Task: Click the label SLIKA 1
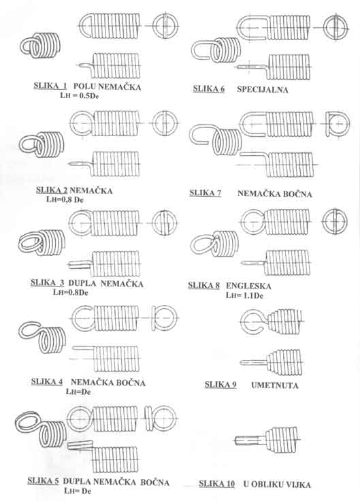click(50, 86)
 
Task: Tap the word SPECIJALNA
click(263, 90)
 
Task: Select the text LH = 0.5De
click(79, 95)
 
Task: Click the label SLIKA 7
click(206, 193)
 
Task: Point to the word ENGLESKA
click(248, 286)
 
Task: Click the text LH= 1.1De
click(244, 295)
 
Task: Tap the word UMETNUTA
click(275, 385)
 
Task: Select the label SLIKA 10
click(216, 485)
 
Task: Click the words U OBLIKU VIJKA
click(277, 485)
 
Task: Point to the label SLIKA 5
click(43, 481)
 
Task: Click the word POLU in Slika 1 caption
click(84, 86)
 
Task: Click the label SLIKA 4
click(47, 382)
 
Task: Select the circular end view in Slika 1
click(165, 26)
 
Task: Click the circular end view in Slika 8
click(335, 221)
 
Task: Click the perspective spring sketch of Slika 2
click(42, 145)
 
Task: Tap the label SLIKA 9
click(220, 385)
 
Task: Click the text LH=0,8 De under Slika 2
click(65, 200)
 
